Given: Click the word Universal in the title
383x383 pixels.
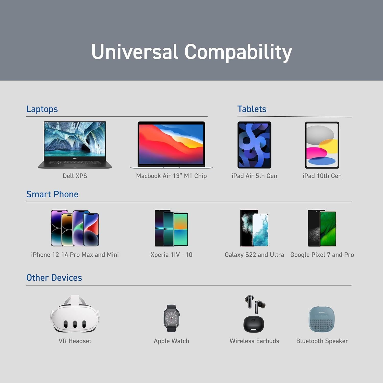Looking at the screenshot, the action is tap(134, 52).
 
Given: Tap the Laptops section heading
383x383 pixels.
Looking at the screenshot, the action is tap(42, 109).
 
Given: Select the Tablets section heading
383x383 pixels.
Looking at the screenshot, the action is tap(252, 109).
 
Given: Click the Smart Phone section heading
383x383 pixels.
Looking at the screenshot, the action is tap(52, 194).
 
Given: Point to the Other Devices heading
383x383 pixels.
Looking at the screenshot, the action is tap(54, 278).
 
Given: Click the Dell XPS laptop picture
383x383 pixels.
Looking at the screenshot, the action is tap(75, 145).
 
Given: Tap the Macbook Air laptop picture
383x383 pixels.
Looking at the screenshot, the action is tap(171, 145).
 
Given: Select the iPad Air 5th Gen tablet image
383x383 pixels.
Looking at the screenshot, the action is tap(254, 145).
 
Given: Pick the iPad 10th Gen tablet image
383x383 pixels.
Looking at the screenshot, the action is tap(322, 145).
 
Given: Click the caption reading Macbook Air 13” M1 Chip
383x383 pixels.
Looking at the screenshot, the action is tap(171, 176).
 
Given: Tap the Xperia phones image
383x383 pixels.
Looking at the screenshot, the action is tap(171, 228).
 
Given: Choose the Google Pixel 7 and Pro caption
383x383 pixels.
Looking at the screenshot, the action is tap(322, 255).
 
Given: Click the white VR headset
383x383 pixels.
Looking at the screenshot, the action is tap(75, 314).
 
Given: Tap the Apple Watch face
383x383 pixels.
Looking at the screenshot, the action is tap(171, 318).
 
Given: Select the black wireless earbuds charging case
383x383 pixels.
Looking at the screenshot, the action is tap(254, 324).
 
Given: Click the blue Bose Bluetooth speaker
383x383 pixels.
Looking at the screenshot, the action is tap(321, 319).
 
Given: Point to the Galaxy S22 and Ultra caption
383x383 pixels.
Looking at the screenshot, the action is tap(254, 255).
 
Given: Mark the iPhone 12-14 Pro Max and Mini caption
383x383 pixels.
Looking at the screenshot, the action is tap(75, 255).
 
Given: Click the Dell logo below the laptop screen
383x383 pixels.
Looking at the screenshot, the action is tap(75, 158).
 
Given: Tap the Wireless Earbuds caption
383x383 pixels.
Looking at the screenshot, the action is tap(254, 341).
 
